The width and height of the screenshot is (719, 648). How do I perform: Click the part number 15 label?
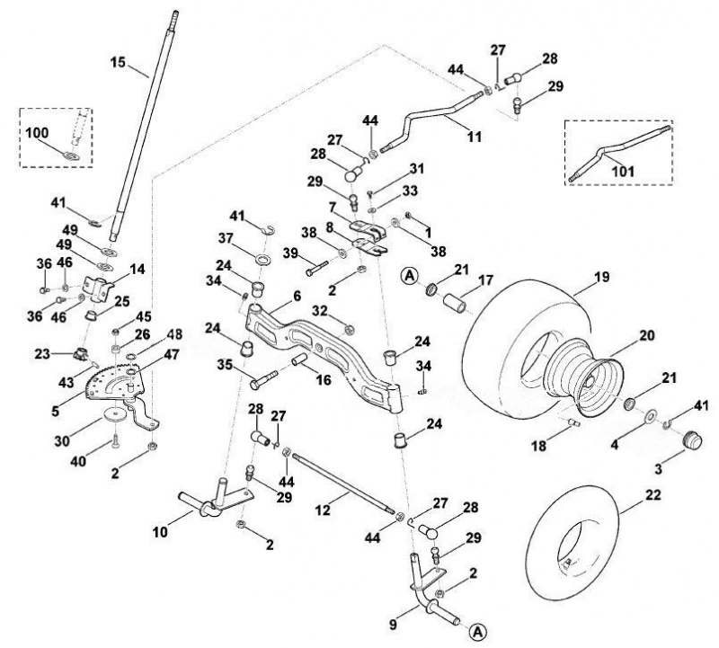[118, 62]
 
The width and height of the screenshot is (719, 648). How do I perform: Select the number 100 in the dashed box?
[37, 133]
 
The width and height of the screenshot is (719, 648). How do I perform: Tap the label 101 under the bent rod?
[623, 171]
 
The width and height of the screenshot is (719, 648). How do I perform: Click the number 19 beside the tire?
[601, 277]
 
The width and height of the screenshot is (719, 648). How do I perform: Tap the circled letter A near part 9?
[477, 632]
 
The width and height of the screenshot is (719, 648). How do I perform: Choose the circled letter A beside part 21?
[410, 275]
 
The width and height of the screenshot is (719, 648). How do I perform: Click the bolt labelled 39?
[317, 268]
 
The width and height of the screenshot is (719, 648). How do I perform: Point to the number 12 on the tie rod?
[324, 510]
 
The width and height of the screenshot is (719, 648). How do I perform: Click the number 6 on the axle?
[297, 296]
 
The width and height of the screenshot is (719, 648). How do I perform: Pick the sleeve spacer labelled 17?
[454, 304]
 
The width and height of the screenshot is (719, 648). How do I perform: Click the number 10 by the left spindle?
[160, 532]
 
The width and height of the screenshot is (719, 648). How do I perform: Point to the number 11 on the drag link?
[475, 137]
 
